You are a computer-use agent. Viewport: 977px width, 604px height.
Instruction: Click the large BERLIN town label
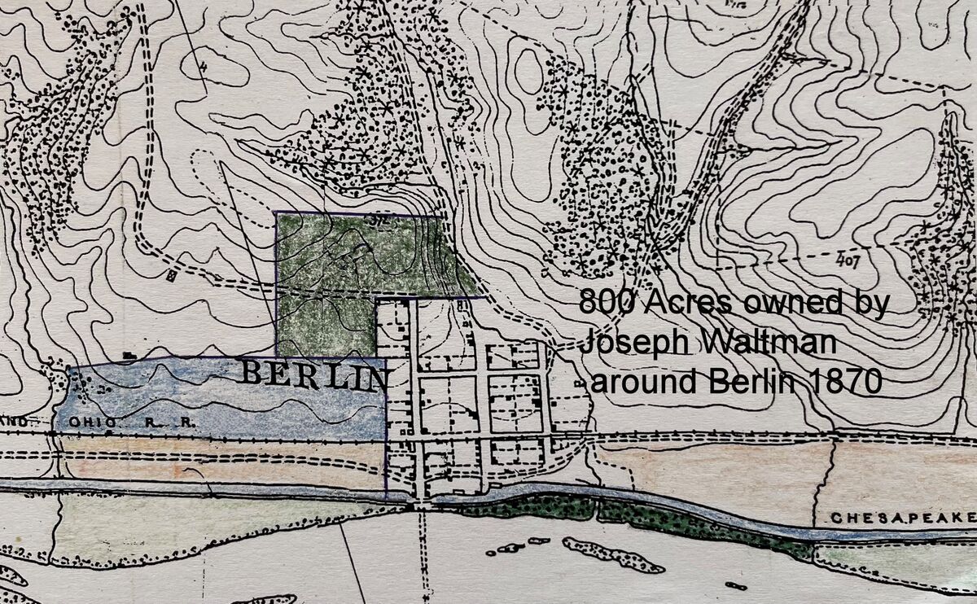pos(314,375)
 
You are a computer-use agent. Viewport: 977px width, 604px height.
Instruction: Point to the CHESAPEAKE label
pos(902,518)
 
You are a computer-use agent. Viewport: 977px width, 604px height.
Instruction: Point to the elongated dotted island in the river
pos(602,554)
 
